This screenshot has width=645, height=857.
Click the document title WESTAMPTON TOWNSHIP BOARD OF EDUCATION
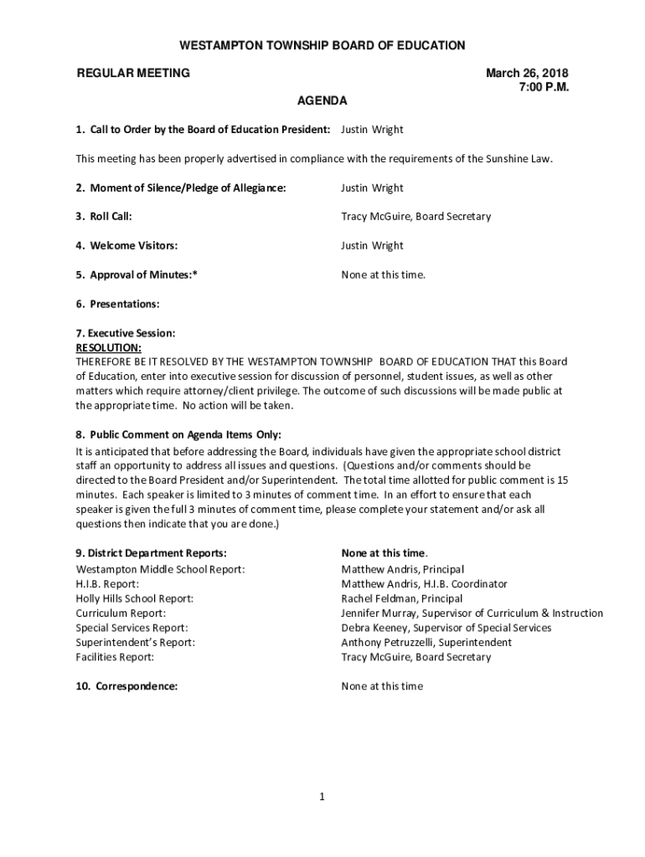pos(322,45)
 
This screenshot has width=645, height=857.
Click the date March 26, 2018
pos(528,73)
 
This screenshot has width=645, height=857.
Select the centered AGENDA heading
pos(322,101)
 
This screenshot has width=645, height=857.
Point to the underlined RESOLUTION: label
pos(108,347)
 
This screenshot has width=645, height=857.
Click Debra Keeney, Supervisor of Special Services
pos(446,628)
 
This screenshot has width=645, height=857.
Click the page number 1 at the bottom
pos(322,797)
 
